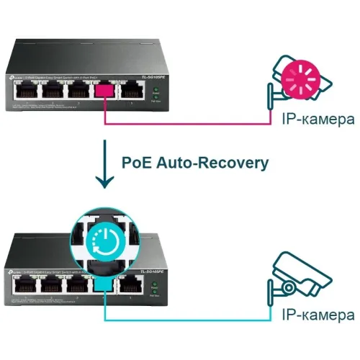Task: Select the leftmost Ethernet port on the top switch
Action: [24, 91]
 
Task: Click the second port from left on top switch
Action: [51, 91]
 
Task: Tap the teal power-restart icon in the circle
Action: [106, 238]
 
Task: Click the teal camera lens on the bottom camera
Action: [287, 287]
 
